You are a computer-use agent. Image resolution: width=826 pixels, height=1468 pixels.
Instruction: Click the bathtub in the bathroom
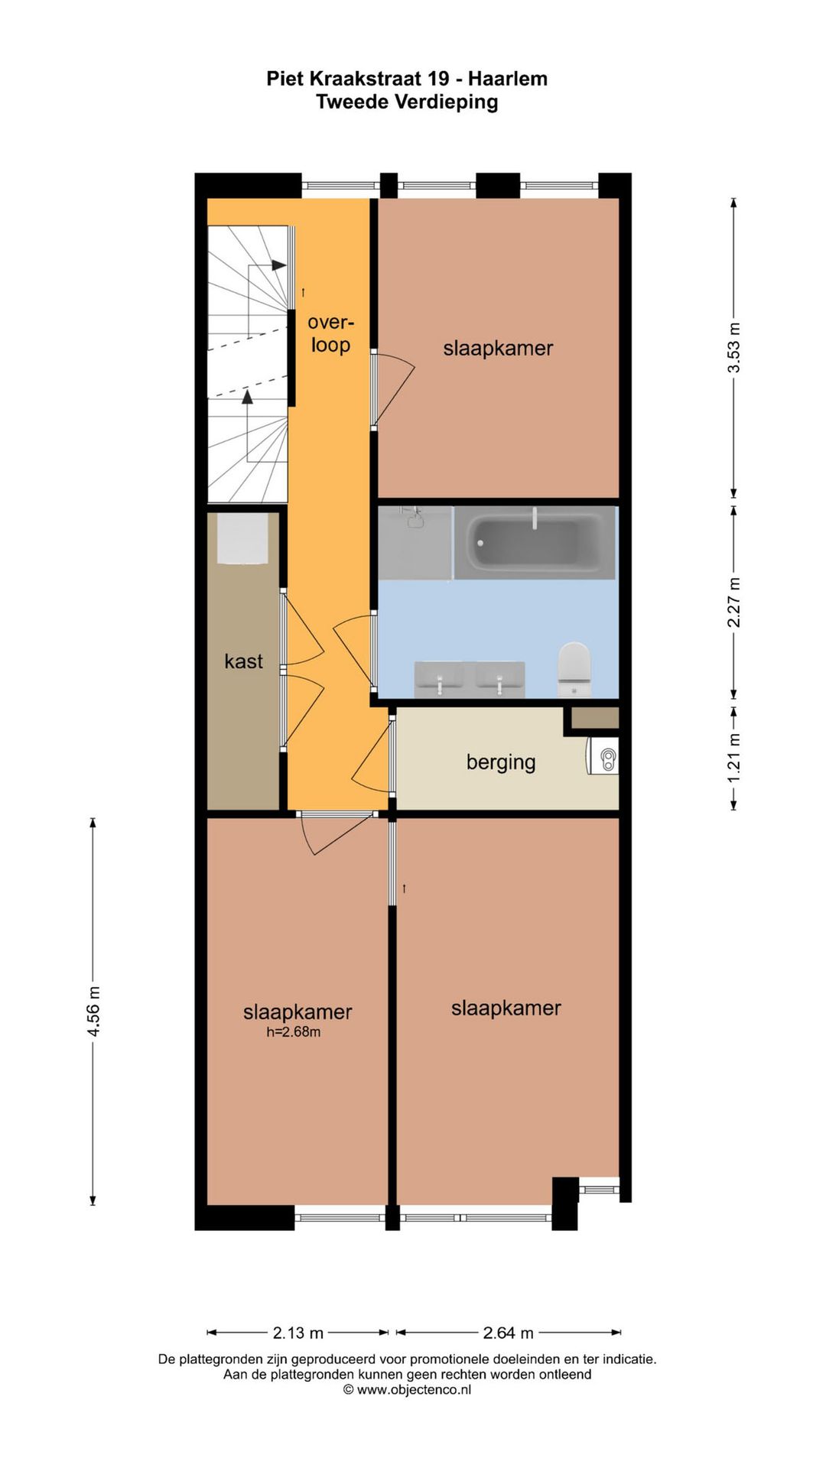[535, 542]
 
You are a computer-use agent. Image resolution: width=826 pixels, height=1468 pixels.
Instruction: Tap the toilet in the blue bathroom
[574, 668]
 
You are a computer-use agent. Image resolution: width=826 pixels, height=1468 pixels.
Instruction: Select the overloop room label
[330, 333]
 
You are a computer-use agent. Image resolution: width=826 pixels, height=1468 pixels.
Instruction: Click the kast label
[243, 661]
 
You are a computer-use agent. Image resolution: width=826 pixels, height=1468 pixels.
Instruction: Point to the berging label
[501, 762]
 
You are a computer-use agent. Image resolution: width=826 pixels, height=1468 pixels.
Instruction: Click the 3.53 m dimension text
[733, 347]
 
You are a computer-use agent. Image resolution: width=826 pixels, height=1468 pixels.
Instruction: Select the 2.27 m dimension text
[733, 602]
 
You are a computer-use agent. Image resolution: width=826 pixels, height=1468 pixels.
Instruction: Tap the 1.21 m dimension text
[733, 758]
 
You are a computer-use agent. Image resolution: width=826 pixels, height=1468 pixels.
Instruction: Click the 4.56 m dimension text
[93, 1012]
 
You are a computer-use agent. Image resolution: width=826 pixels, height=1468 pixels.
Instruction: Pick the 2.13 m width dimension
[298, 1333]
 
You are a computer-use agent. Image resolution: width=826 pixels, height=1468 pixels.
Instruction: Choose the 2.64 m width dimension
[509, 1333]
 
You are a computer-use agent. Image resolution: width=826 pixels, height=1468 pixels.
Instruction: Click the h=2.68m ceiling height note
[293, 1032]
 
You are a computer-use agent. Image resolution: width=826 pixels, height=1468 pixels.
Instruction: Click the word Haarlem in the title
[508, 79]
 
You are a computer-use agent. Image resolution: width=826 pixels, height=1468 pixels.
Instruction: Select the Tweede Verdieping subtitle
[407, 102]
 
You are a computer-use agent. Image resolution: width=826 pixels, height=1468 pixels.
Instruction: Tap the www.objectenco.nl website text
[414, 1389]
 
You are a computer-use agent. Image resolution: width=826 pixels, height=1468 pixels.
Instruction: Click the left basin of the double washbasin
[440, 679]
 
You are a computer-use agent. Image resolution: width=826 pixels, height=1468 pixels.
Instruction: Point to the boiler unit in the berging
[603, 758]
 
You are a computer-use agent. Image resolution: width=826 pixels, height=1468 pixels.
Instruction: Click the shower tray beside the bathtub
[415, 542]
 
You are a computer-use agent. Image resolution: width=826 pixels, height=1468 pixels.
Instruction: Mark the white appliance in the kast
[242, 538]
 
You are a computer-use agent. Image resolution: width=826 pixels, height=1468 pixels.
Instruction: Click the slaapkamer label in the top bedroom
[498, 348]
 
